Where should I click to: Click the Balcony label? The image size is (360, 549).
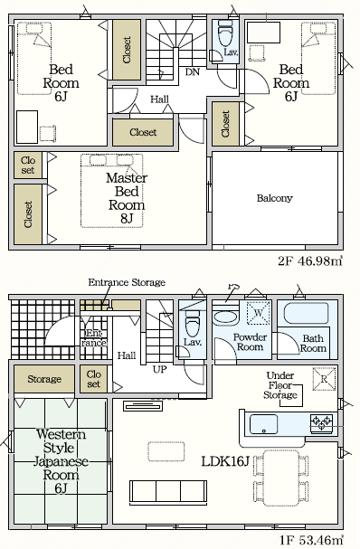(274, 198)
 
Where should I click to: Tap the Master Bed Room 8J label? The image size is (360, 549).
(127, 198)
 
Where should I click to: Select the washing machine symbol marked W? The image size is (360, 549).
(259, 312)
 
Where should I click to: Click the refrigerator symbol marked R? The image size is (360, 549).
(324, 378)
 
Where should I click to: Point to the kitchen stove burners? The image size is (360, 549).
(321, 422)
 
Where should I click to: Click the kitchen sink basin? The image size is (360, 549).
(264, 424)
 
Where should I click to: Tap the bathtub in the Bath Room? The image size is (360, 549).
(306, 314)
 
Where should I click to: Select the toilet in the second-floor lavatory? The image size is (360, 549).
(225, 34)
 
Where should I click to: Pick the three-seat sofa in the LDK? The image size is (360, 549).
(168, 491)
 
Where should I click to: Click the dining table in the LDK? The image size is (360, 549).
(281, 478)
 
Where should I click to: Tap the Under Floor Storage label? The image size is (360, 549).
(280, 385)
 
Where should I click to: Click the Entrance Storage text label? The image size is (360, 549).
(127, 282)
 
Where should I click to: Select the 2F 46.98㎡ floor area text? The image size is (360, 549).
(310, 260)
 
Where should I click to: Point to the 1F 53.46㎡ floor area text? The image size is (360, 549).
(311, 540)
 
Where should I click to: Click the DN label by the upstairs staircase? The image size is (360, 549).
(193, 72)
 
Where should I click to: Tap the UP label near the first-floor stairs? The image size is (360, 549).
(160, 369)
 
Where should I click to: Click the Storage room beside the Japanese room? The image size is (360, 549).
(44, 379)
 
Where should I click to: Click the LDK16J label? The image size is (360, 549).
(225, 461)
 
